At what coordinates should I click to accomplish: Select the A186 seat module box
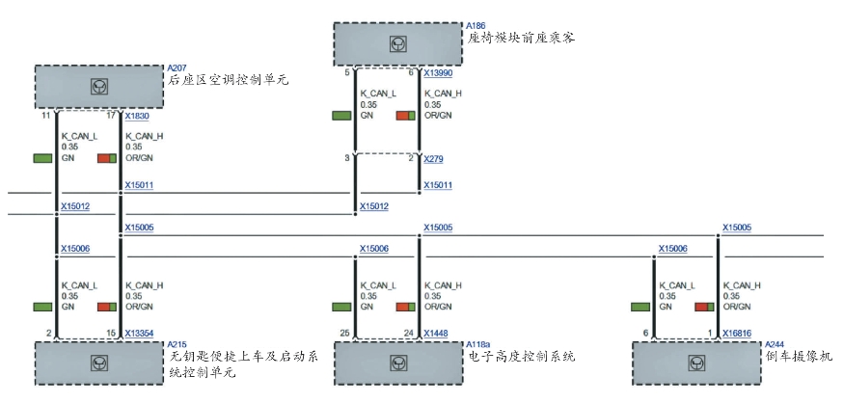[397, 44]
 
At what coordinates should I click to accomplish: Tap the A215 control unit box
[98, 363]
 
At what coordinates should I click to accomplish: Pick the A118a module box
[397, 363]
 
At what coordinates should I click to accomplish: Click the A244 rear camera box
[696, 363]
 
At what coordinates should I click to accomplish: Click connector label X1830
[137, 116]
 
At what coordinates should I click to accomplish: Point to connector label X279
[433, 159]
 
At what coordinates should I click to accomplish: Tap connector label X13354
[140, 334]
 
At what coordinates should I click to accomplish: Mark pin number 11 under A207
[45, 116]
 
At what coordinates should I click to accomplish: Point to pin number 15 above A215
[111, 334]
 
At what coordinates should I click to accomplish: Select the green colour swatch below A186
[341, 116]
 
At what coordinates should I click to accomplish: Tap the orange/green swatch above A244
[704, 307]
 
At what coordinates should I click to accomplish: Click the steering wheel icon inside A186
[397, 44]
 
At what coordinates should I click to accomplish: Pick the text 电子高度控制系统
[521, 356]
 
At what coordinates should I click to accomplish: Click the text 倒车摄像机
[799, 356]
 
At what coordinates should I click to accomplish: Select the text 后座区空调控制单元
[228, 79]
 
